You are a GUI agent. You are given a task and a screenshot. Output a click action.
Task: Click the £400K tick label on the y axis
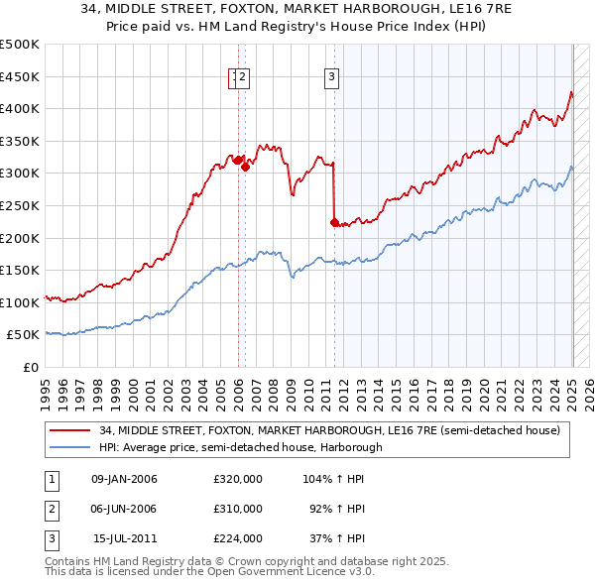[x=20, y=108]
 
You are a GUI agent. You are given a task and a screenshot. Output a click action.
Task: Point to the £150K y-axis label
[x=20, y=270]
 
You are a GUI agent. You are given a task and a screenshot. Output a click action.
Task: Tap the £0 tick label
[x=30, y=367]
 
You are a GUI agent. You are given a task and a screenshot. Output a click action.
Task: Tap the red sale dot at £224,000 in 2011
[x=334, y=222]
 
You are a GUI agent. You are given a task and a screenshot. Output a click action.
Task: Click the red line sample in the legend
[x=68, y=431]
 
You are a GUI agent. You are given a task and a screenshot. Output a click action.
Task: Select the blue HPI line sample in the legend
[x=68, y=447]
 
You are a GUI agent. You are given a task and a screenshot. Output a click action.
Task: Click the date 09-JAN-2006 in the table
[x=124, y=479]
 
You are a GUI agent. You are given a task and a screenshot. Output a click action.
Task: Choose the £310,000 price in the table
[x=238, y=509]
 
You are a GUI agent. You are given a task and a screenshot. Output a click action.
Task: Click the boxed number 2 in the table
[x=50, y=509]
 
